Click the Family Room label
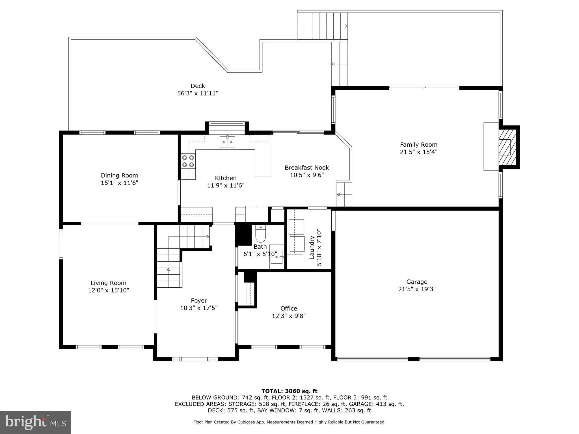[418, 145]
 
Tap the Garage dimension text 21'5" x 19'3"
[417, 289]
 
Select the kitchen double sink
[228, 142]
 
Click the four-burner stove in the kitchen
[188, 161]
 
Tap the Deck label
[198, 86]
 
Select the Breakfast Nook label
[307, 168]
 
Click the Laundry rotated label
[312, 247]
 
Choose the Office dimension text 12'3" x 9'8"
[289, 316]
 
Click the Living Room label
[108, 283]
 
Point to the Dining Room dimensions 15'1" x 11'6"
[119, 183]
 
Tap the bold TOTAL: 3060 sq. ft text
[289, 391]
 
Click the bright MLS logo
[35, 422]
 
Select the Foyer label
[199, 301]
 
